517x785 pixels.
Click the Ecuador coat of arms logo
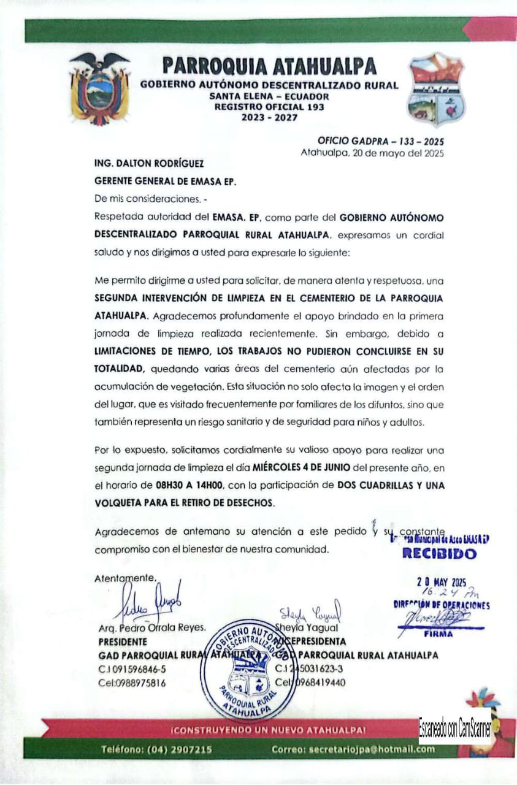coord(100,88)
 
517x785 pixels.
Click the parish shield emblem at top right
coord(437,90)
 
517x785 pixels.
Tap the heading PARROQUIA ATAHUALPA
coord(269,66)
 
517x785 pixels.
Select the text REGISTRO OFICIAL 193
coord(269,107)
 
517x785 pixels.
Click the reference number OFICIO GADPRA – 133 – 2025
coord(381,141)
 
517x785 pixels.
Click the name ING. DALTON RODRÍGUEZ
coord(149,164)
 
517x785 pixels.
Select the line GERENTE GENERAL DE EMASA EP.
coord(165,182)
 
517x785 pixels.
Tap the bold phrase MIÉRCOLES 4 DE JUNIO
coord(301,468)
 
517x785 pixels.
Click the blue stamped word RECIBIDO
coord(438,554)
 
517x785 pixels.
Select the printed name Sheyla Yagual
coord(307,627)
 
